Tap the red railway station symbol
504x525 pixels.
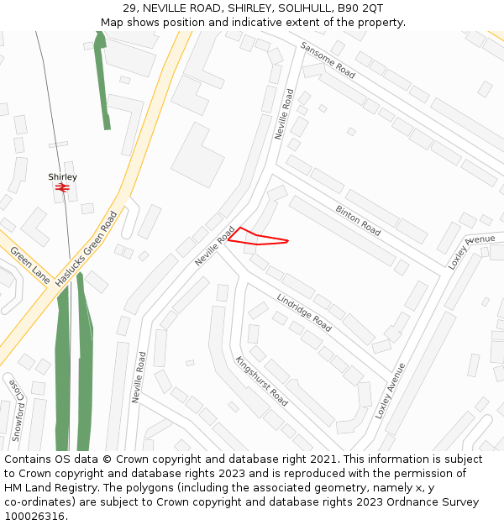click(61, 188)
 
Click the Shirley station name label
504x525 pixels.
click(62, 177)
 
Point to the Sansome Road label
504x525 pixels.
click(328, 60)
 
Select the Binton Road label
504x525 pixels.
click(358, 220)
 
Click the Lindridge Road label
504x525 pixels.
click(304, 311)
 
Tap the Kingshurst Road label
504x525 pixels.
click(261, 381)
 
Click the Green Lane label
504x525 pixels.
click(30, 264)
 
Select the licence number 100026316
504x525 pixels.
click(35, 517)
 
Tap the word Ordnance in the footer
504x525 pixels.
click(426, 502)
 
